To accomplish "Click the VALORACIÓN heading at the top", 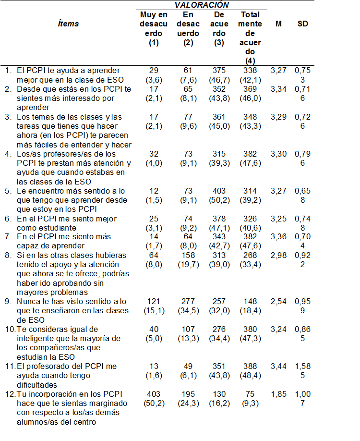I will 202,5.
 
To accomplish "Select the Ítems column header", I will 68,24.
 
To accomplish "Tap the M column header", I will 279,24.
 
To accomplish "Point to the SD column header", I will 302,24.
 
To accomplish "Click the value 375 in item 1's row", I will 219,71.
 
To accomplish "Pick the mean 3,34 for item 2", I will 279,89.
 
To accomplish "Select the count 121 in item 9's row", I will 154,302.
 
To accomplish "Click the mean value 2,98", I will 279,255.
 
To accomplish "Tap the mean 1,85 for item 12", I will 279,394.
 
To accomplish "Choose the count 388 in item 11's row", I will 250,367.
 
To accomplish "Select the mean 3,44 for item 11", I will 279,367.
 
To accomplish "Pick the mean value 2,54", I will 279,302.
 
